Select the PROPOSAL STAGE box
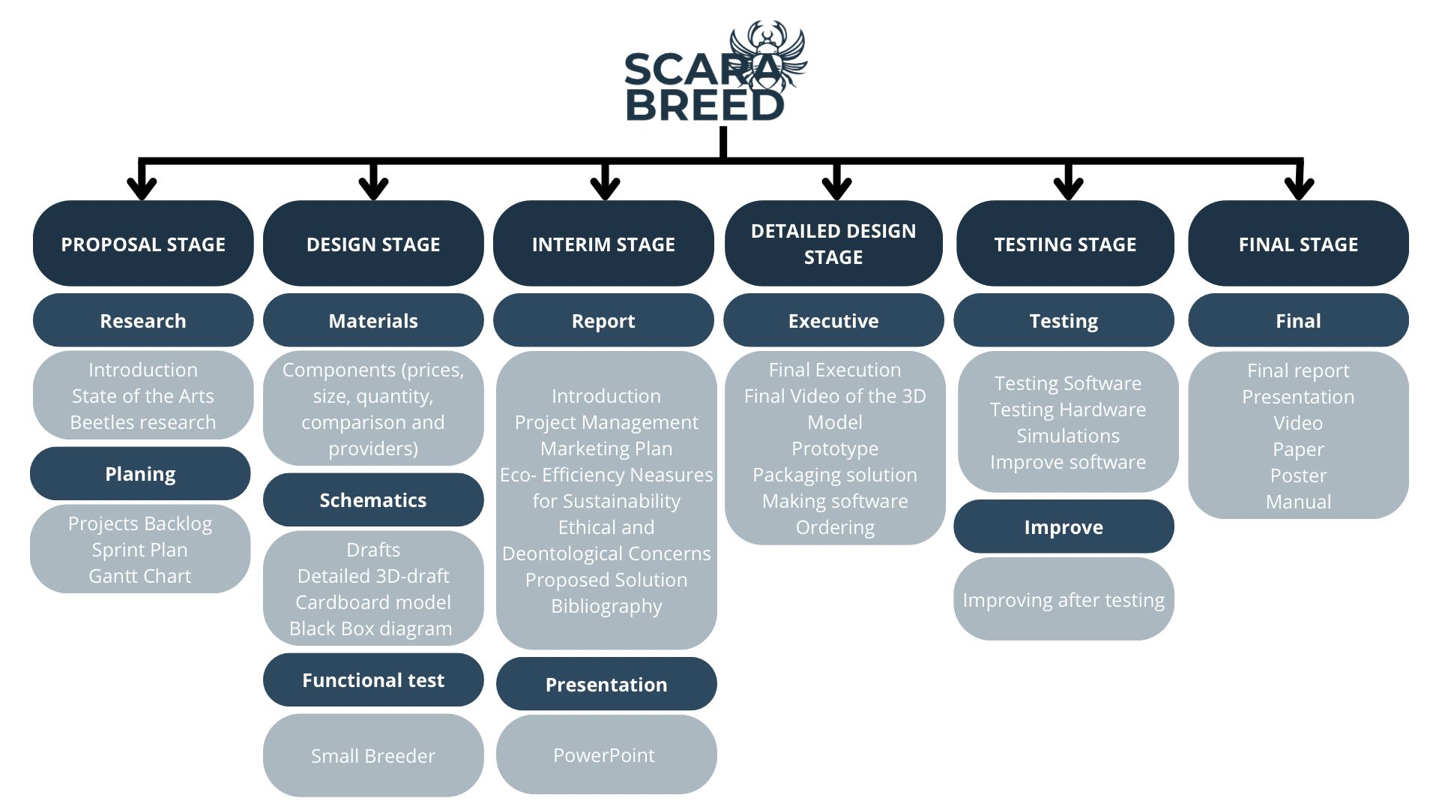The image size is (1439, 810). (143, 244)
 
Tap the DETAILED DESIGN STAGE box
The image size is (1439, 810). (833, 244)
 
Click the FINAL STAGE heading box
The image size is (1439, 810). (1298, 244)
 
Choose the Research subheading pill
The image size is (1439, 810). (143, 321)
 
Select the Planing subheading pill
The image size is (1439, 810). (140, 474)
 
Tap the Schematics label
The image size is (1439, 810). (373, 500)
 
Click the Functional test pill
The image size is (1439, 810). (373, 680)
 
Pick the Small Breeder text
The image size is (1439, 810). (373, 756)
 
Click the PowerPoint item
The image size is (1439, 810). (604, 755)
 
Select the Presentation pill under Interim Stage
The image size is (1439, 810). (606, 685)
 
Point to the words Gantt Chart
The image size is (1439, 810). (140, 576)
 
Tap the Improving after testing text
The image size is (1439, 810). (1064, 600)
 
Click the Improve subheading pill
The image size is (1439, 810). (1064, 527)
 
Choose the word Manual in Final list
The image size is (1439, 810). (1298, 502)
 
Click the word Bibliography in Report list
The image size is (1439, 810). (606, 606)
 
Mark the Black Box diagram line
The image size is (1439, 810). (371, 628)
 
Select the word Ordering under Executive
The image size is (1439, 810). (835, 527)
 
